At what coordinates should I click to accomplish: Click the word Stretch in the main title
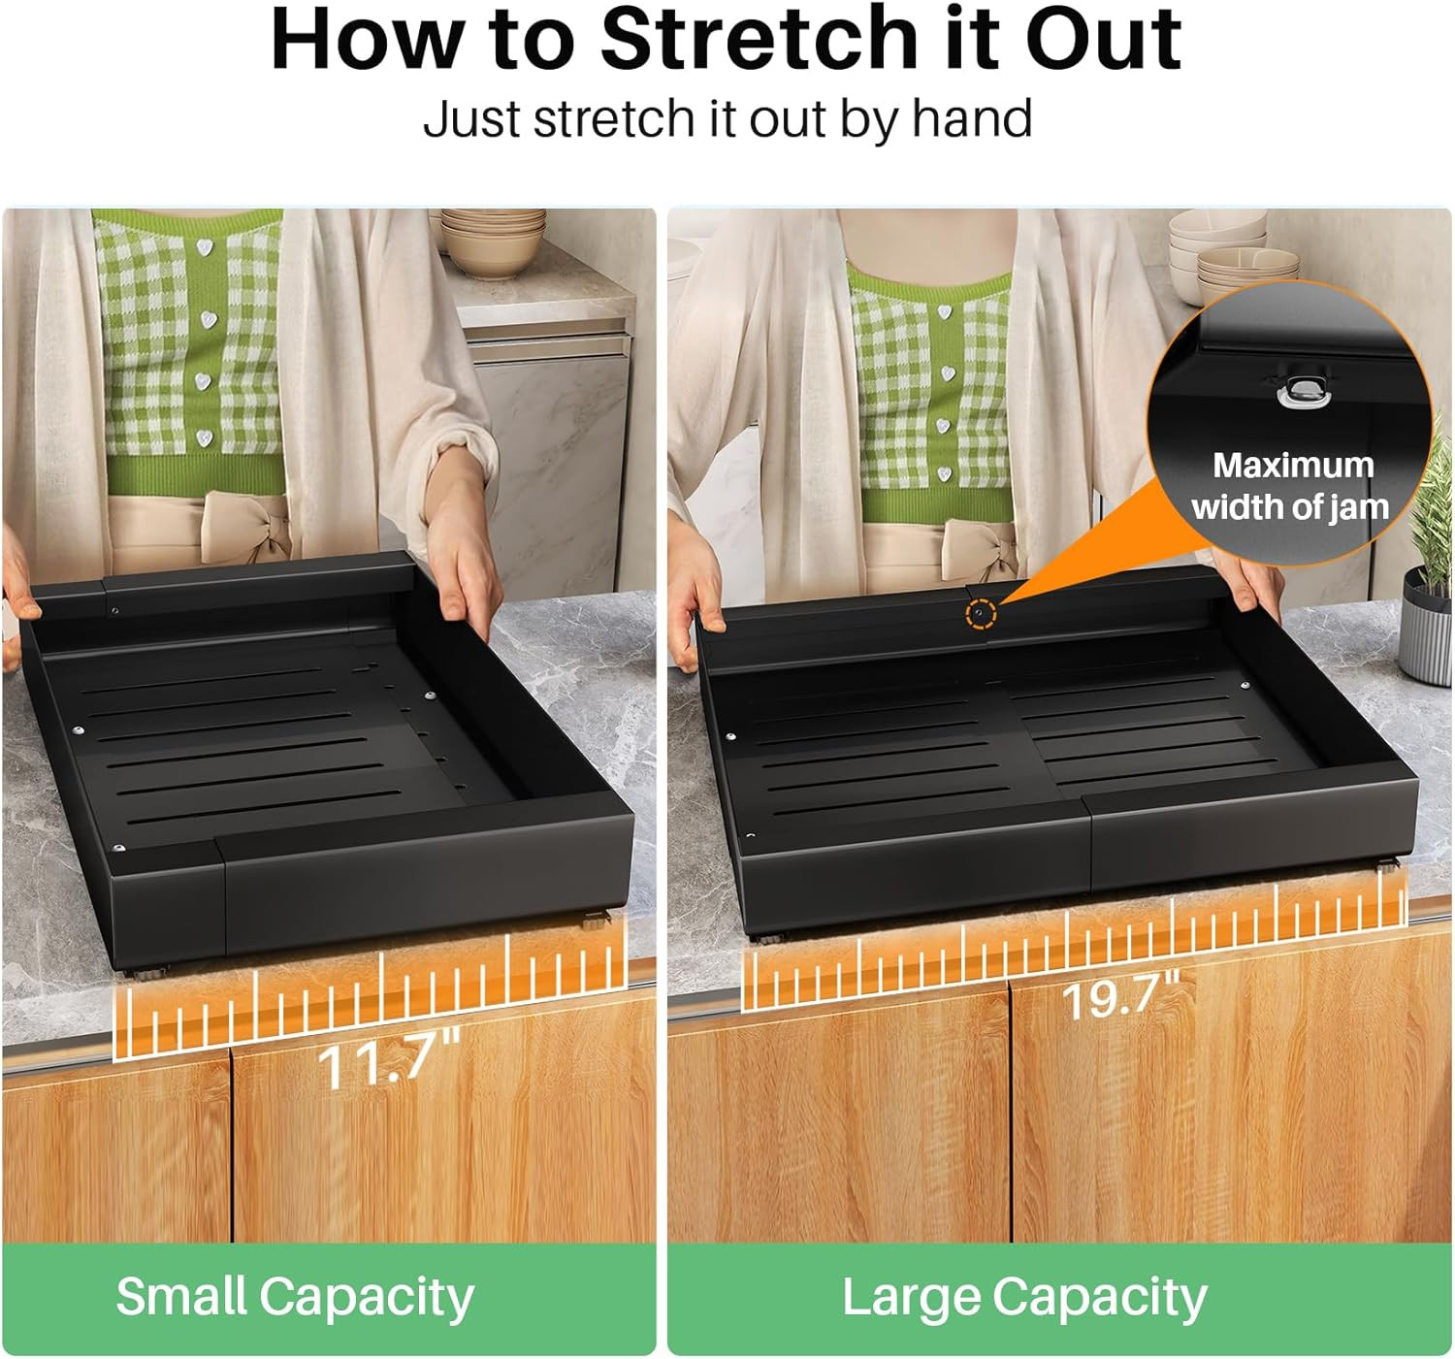759,41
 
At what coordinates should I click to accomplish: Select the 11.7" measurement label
389,1057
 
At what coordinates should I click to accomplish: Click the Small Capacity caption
295,1298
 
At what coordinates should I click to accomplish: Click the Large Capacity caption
1024,1298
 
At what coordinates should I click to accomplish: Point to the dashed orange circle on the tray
981,613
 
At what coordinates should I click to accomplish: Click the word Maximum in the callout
1293,466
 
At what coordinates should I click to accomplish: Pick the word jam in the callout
1363,508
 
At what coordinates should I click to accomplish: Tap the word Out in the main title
1103,41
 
